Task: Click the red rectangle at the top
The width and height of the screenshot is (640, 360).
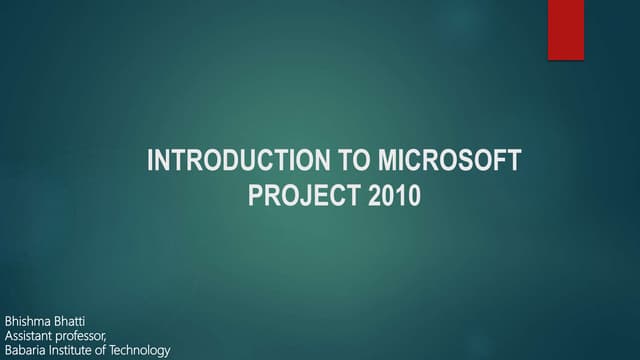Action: [x=566, y=30]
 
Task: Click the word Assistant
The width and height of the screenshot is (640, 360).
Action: [x=30, y=334]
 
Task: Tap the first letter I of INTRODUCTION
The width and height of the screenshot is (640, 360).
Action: [x=150, y=161]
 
